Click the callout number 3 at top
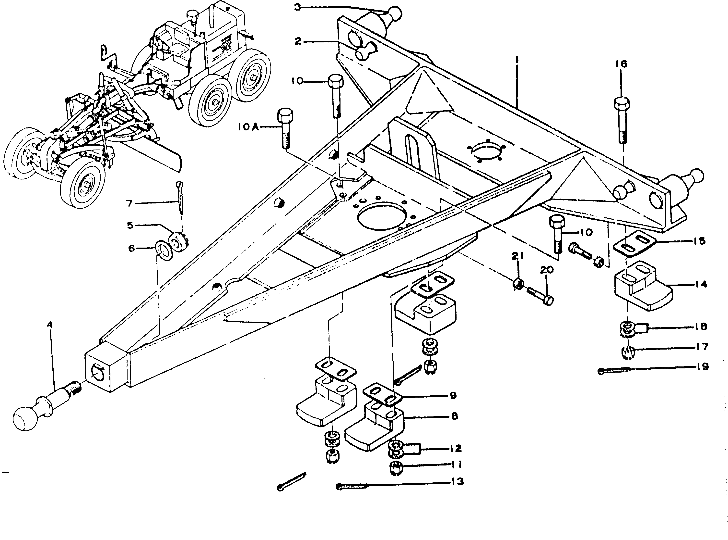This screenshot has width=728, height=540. click(x=297, y=7)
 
